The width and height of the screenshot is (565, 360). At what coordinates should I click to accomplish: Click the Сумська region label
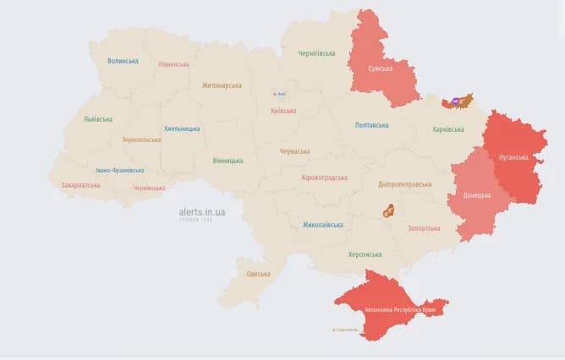point(380,68)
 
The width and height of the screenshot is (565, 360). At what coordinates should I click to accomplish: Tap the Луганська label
point(513,157)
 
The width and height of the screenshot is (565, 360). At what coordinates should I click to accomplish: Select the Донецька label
point(476,194)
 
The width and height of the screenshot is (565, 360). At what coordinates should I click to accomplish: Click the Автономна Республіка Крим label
point(394,309)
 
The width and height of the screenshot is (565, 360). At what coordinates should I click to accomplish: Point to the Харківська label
point(447,129)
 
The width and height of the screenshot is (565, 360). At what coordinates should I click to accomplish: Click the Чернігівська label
point(316,53)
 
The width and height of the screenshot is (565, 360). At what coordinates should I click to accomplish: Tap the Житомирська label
point(221,85)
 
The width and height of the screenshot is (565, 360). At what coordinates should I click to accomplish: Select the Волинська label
point(123,61)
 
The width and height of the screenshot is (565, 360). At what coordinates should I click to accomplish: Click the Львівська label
point(97,119)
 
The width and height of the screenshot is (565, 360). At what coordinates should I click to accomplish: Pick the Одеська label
point(258,274)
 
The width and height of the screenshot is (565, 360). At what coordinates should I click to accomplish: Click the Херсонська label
point(365,254)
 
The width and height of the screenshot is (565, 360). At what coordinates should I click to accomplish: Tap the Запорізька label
point(424,228)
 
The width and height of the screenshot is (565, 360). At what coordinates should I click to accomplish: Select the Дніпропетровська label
point(404,184)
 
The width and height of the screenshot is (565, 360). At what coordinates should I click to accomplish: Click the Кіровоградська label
point(324,178)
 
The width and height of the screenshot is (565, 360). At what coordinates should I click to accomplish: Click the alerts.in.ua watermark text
point(202,211)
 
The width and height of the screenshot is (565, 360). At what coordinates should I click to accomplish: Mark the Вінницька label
point(228,160)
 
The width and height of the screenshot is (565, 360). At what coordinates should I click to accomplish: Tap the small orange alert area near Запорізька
point(389,210)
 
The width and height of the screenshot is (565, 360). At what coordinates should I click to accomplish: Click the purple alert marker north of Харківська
point(456,101)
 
